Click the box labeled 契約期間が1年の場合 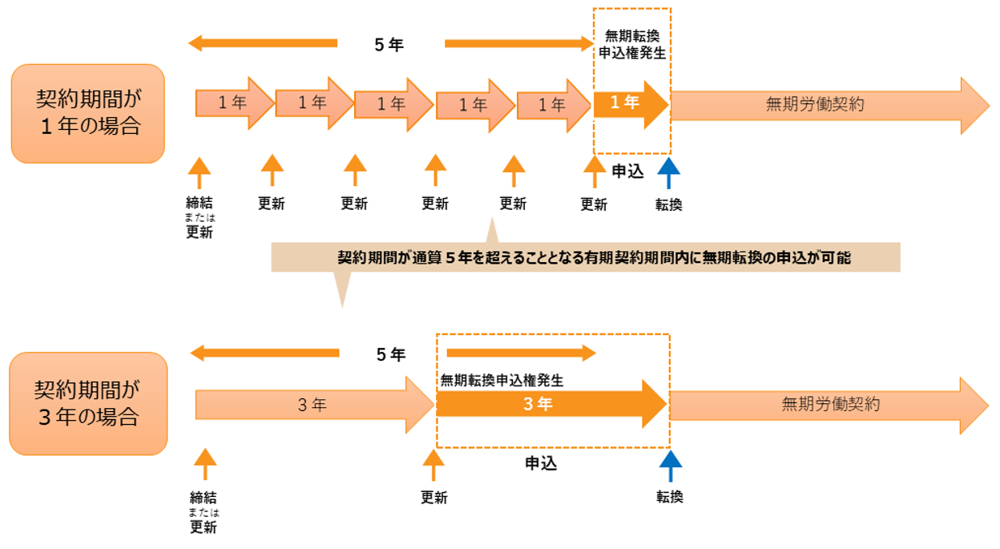click(x=87, y=113)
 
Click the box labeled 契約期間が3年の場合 click(x=87, y=403)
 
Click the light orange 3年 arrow click(x=312, y=405)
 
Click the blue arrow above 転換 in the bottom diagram click(x=670, y=466)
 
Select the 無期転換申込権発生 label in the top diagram click(x=633, y=45)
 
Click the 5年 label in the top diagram click(x=389, y=45)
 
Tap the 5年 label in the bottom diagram click(x=391, y=354)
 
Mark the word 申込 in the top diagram click(x=627, y=171)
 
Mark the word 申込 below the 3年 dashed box click(x=541, y=462)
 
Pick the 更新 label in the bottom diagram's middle click(x=433, y=498)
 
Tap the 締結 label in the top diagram click(x=200, y=203)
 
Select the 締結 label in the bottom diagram click(x=204, y=498)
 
